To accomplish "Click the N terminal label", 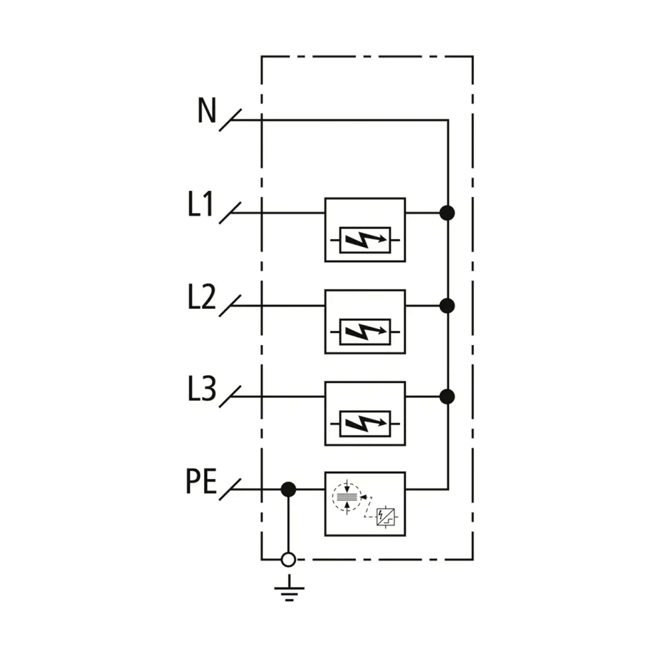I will point(207,111).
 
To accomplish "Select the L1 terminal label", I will point(200,206).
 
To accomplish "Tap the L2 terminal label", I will point(201,298).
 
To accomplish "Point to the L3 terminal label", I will point(201,390).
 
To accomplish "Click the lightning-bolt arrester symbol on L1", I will point(365,240).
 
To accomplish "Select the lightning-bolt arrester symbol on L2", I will point(365,332).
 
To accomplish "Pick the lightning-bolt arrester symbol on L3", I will point(365,424).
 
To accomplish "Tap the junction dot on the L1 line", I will point(447,213).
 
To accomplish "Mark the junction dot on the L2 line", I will point(447,305).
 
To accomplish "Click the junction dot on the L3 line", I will point(447,396).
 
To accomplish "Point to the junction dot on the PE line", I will point(288,489).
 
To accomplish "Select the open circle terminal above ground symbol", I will point(288,560).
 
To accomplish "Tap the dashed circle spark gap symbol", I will point(347,497).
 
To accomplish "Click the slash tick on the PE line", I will point(230,489).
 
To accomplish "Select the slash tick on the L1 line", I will point(230,213).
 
